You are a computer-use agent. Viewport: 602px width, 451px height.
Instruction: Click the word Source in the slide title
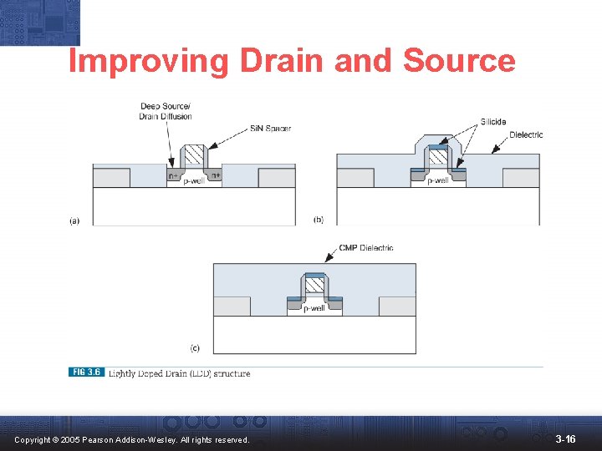(459, 61)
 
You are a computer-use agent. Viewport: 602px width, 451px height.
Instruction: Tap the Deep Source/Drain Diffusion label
(165, 111)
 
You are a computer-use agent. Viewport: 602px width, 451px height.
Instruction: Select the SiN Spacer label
(270, 128)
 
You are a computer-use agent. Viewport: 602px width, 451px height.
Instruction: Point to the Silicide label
(492, 122)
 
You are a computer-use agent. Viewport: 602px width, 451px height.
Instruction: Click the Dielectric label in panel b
(526, 134)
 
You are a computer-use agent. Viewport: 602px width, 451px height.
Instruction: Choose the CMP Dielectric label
(366, 247)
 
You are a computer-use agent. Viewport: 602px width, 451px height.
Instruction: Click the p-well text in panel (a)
(195, 180)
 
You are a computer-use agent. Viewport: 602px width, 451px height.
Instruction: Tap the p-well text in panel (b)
(438, 180)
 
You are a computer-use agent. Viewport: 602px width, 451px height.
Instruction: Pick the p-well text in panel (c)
(314, 308)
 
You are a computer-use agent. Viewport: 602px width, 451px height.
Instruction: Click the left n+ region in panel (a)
(173, 175)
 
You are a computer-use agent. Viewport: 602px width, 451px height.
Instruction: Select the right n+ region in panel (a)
(216, 175)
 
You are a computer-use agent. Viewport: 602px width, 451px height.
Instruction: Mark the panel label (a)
(74, 220)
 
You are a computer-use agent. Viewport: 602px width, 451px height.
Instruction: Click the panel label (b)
(319, 219)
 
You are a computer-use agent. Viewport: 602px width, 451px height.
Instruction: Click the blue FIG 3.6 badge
(86, 372)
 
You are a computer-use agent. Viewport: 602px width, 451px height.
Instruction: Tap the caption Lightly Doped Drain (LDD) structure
(179, 373)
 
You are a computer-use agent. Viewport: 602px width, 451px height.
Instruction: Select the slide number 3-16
(565, 438)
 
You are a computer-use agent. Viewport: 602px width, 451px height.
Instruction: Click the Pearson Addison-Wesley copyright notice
(131, 439)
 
